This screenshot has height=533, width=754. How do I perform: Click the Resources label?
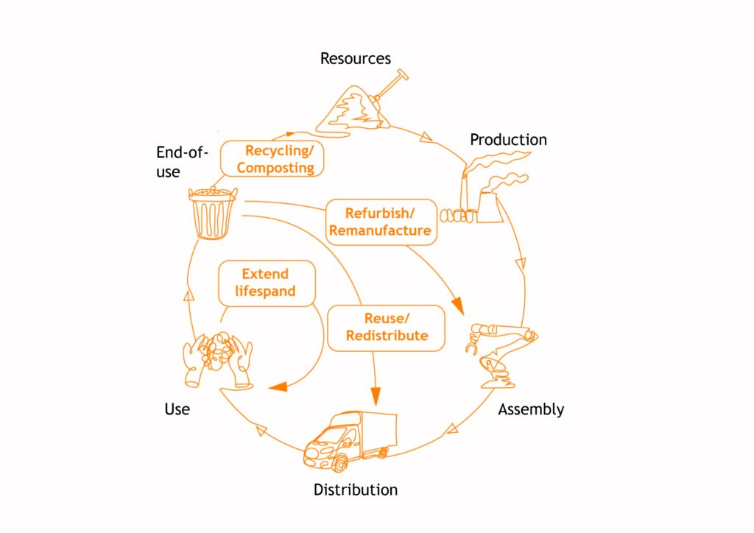coord(355,58)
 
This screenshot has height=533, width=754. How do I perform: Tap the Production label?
coord(508,139)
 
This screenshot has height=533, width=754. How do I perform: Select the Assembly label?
coord(531,409)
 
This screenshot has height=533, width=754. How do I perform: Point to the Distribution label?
coord(356,490)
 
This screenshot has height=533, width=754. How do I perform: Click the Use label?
coord(177,409)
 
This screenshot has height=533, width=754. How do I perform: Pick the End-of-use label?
coord(182,161)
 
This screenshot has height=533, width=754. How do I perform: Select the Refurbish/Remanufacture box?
coord(380,222)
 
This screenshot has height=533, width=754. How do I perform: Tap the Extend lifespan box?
coord(266,283)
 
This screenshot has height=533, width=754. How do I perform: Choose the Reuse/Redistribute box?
coord(387,327)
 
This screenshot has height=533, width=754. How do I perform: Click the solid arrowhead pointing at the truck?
coord(376,396)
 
